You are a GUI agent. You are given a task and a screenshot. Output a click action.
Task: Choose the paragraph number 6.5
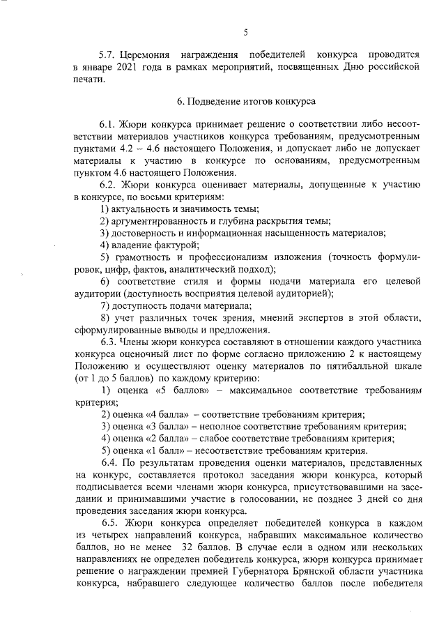[x=110, y=524]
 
